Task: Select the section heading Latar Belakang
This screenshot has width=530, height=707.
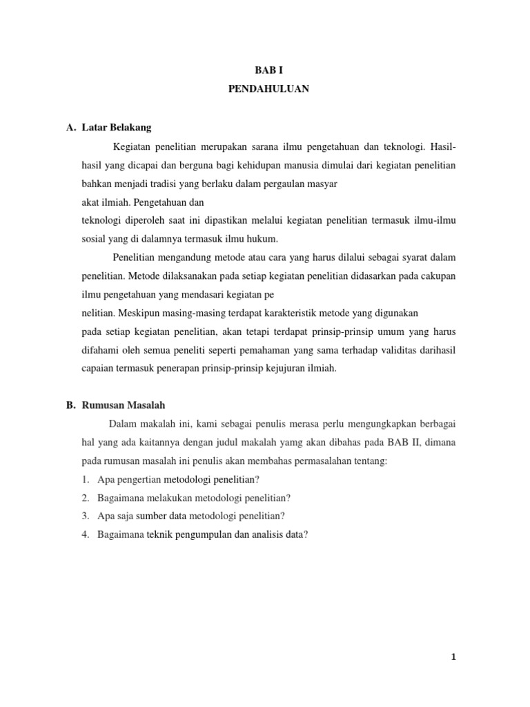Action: pos(116,128)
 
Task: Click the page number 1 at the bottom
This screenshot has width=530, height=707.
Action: pos(453,657)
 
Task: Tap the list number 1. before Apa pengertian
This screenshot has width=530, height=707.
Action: pos(86,479)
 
